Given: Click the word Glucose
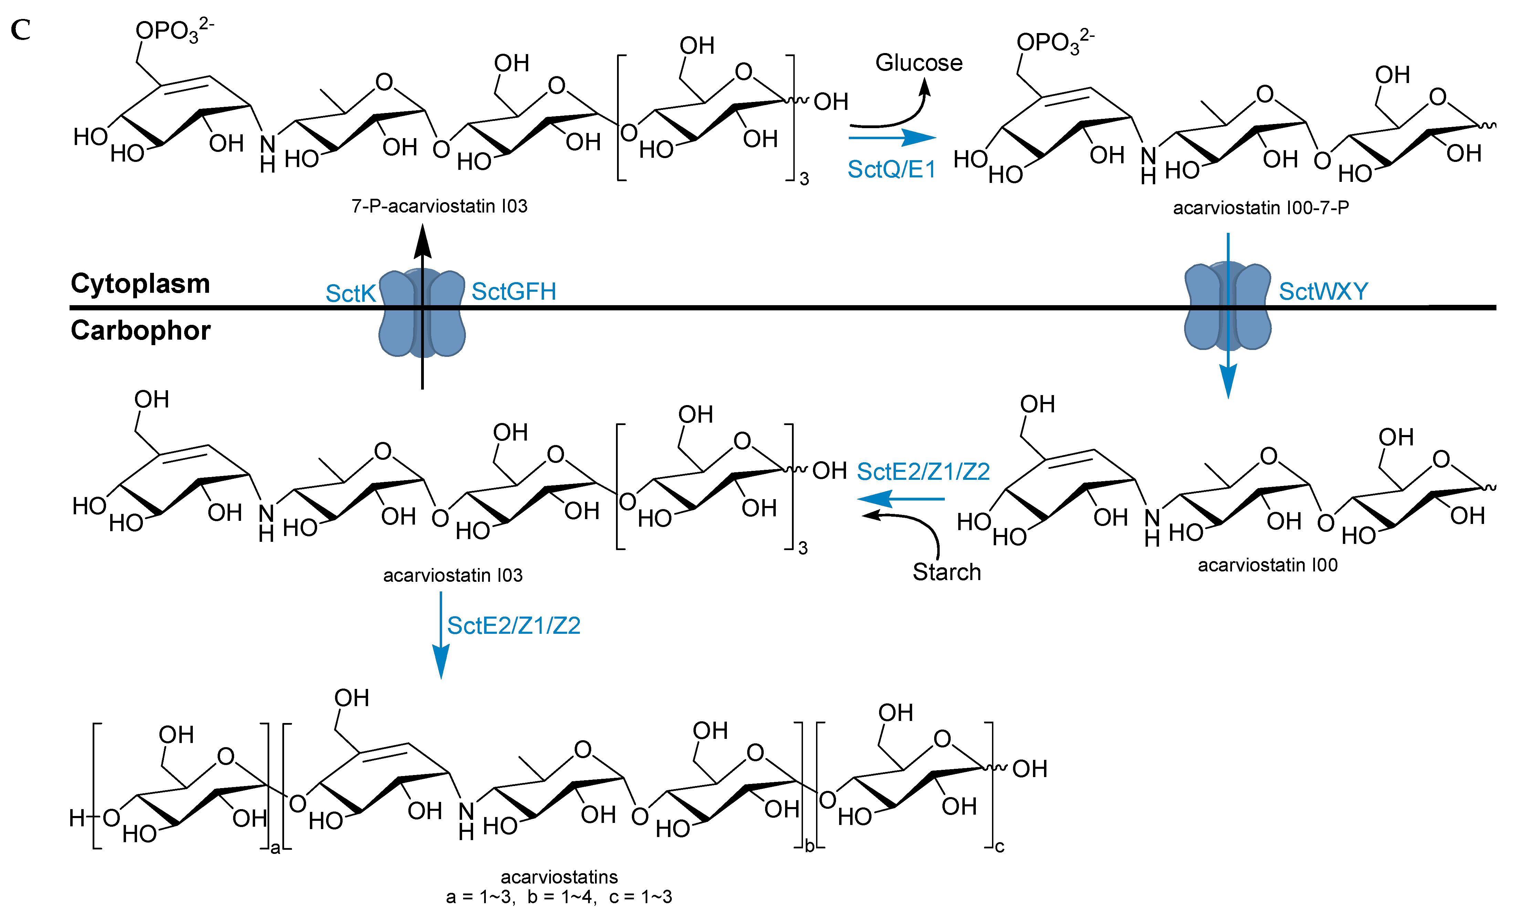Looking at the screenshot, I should [919, 63].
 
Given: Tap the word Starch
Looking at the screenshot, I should [946, 572].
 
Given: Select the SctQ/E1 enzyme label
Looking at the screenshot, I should [891, 169].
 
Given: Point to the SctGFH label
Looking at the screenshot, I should [514, 291].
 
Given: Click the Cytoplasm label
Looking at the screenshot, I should [140, 283].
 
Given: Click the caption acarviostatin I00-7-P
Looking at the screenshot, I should [1261, 208].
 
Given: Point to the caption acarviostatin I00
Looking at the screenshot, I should [1267, 565].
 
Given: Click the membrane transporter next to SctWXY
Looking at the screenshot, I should [1227, 306].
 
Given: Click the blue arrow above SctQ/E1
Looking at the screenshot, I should [891, 138].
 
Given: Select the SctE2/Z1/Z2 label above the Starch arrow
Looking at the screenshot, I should [923, 472].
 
